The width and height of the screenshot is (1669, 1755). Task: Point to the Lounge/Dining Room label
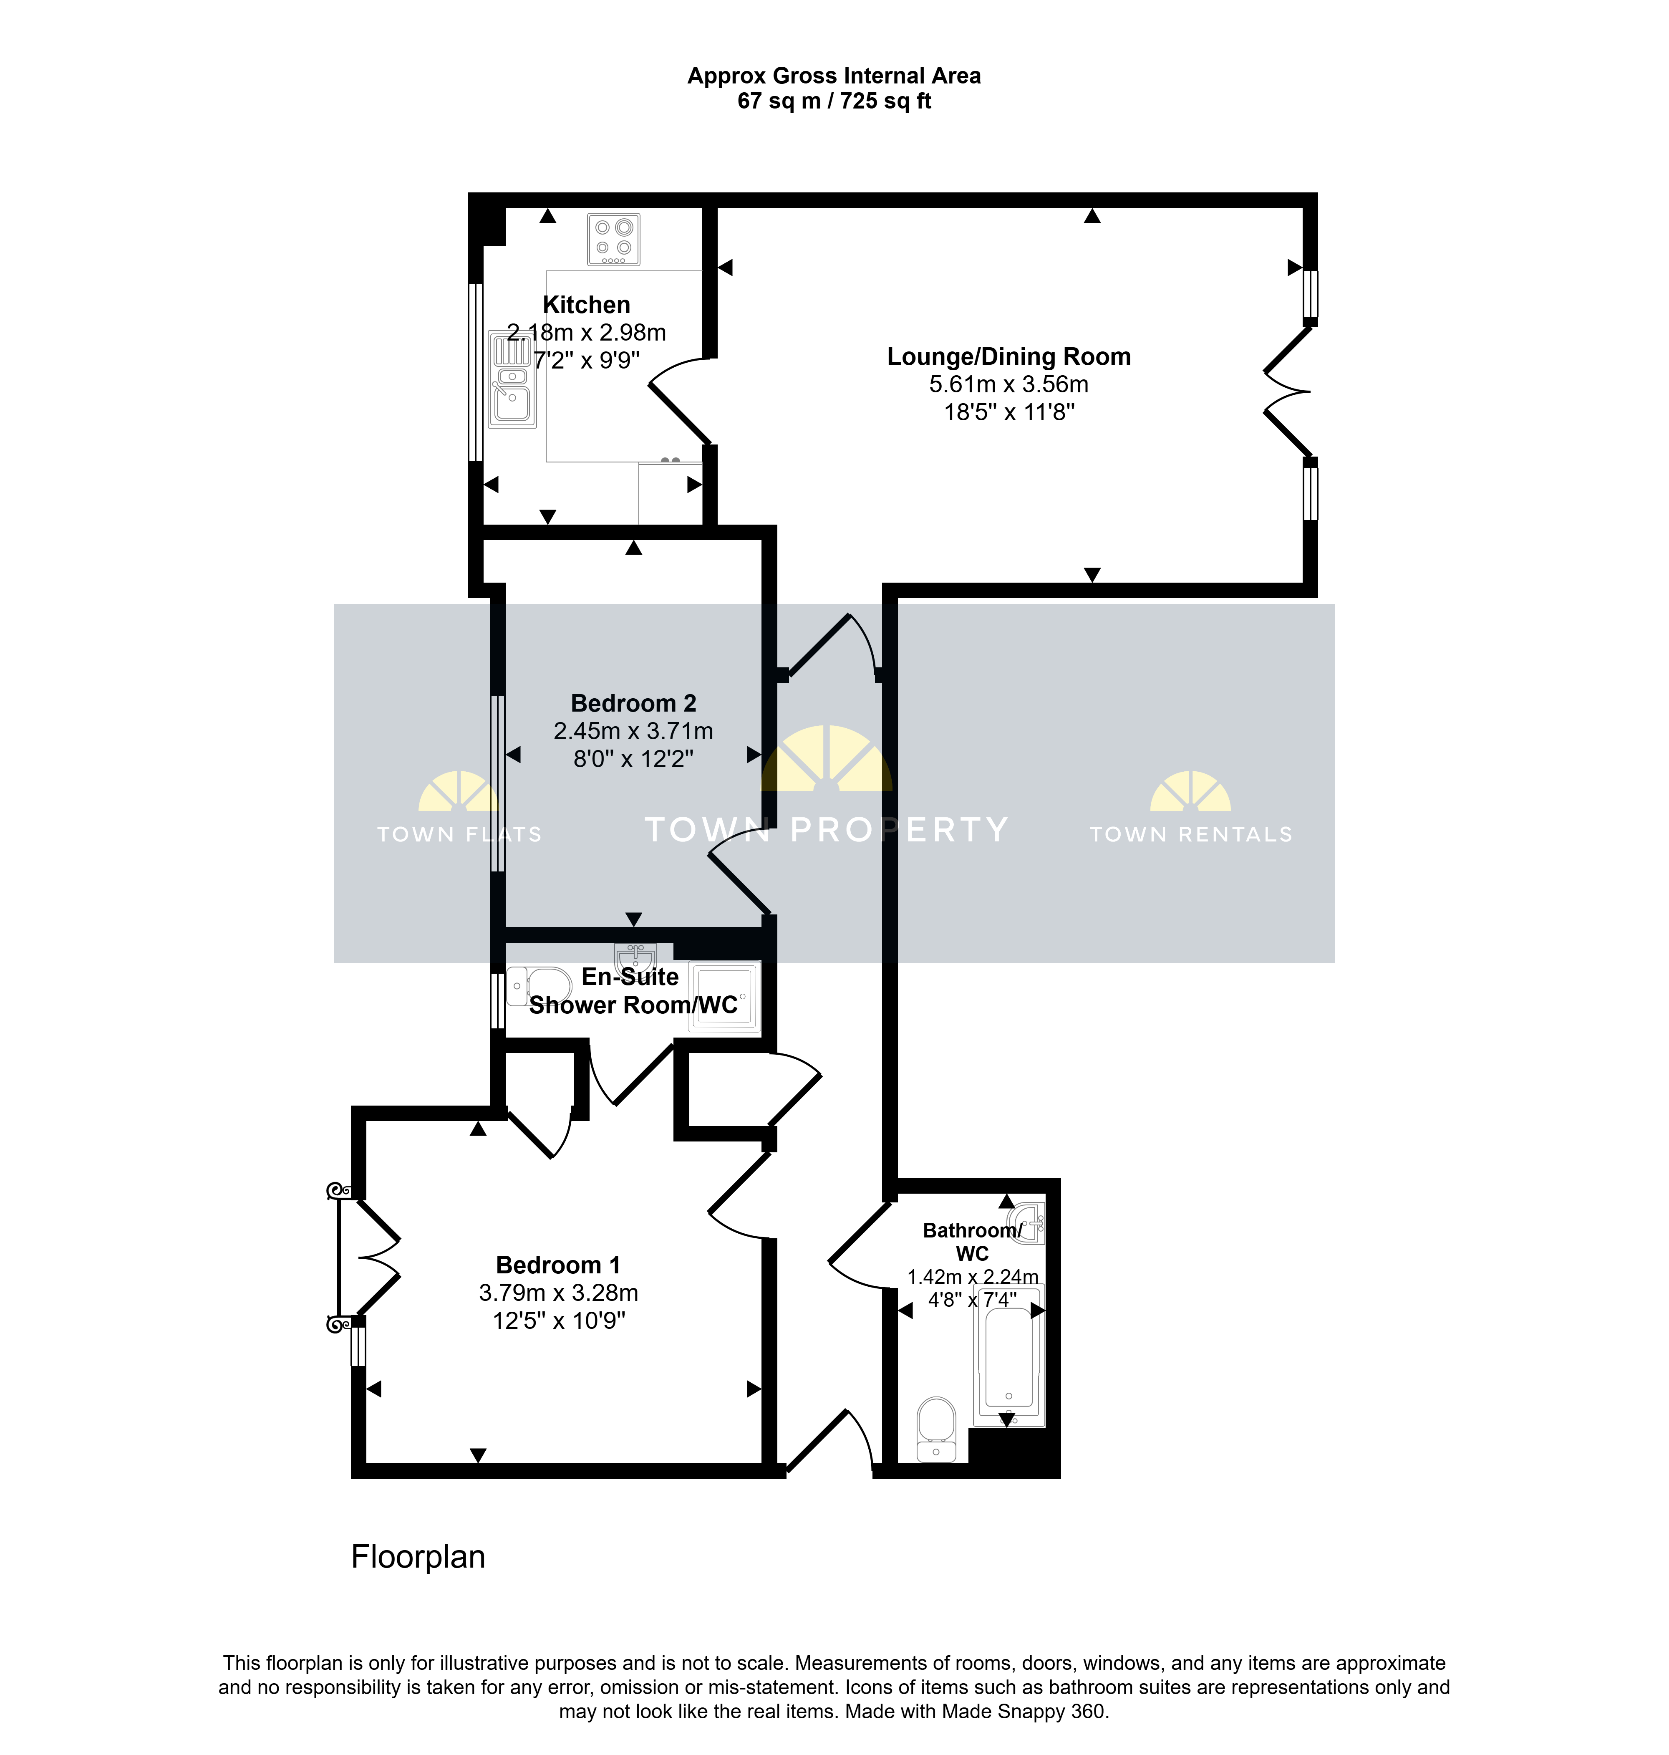(x=1009, y=357)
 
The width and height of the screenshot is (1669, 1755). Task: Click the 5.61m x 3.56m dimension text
(x=1009, y=384)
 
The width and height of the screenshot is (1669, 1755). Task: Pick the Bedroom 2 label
(x=633, y=703)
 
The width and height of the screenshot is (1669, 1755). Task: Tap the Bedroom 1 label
(x=558, y=1265)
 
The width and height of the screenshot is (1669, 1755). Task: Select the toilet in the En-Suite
(x=539, y=986)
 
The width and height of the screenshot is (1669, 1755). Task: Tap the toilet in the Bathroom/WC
(x=936, y=1428)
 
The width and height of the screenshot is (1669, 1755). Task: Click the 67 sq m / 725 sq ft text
(x=834, y=101)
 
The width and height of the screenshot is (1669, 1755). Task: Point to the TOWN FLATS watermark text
(x=459, y=834)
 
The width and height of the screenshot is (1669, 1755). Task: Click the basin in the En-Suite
(x=635, y=957)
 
